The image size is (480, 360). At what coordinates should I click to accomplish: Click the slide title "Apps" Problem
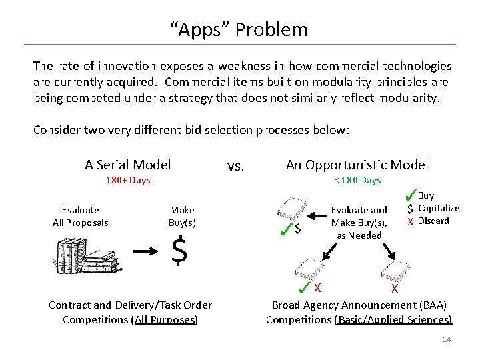239,30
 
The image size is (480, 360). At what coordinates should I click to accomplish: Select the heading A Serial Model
127,165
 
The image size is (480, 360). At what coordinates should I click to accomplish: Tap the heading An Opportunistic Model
357,165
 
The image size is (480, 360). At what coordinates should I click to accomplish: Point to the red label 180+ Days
128,180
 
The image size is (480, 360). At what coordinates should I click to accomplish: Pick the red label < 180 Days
357,180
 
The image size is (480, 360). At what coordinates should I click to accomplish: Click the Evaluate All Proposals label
80,216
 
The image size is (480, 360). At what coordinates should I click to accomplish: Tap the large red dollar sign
179,251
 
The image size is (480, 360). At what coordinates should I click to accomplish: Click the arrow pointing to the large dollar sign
147,252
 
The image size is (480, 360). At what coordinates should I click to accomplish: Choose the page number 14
447,340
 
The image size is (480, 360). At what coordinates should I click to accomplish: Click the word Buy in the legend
425,195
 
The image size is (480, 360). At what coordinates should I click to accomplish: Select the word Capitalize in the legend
438,208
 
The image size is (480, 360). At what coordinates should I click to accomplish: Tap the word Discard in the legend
433,221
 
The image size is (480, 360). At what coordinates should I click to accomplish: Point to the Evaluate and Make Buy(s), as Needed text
359,222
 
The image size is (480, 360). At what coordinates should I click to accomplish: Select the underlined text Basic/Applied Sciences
395,319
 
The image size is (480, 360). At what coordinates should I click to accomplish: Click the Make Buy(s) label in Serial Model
182,216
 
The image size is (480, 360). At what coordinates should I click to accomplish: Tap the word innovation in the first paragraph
127,66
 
